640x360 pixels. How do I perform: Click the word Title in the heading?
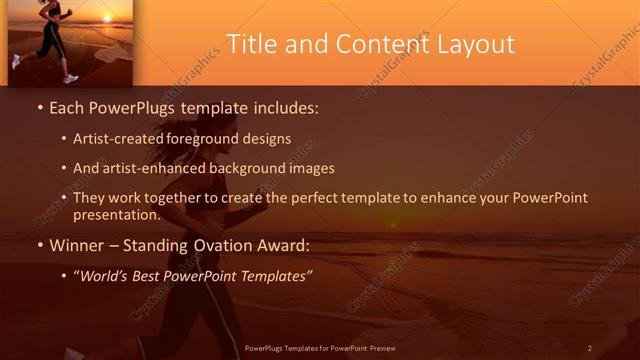[250, 44]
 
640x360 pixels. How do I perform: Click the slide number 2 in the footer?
[590, 348]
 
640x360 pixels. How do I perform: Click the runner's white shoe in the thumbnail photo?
[70, 78]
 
